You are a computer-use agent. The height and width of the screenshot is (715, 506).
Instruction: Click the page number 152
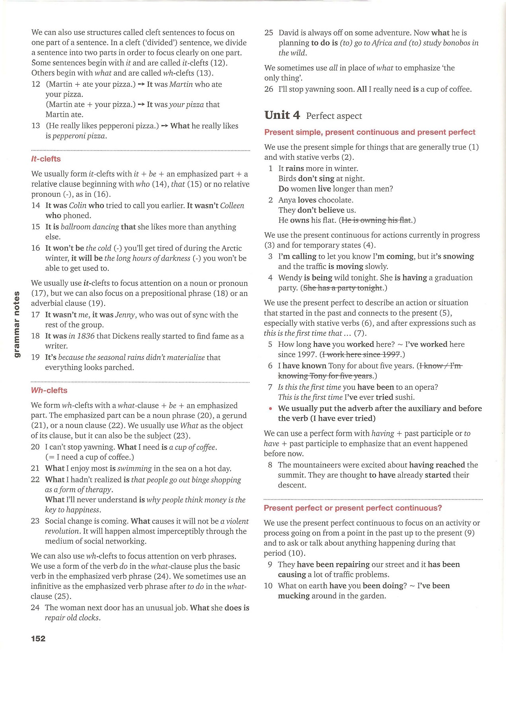(x=38, y=639)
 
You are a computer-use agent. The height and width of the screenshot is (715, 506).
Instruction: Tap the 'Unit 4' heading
(x=282, y=115)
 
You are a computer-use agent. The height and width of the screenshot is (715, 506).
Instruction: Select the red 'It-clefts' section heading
(x=46, y=159)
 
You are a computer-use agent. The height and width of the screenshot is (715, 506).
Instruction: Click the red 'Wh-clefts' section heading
(x=49, y=390)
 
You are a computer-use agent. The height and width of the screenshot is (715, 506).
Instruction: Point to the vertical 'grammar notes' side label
(x=17, y=324)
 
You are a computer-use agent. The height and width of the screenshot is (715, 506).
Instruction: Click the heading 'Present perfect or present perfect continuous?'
(x=353, y=508)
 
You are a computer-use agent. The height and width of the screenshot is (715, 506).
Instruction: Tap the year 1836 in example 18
(x=86, y=336)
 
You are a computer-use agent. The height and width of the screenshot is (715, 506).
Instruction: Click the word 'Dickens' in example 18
(x=127, y=336)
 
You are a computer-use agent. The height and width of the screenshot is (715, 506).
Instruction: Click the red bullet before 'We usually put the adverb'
(x=271, y=409)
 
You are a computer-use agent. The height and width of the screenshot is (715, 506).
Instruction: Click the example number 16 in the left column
(x=36, y=248)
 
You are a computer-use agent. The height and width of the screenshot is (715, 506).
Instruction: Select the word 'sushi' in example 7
(x=405, y=397)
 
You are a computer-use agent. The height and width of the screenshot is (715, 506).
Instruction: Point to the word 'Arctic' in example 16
(x=230, y=248)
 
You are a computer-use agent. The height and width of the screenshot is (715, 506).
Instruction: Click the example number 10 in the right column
(x=269, y=586)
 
